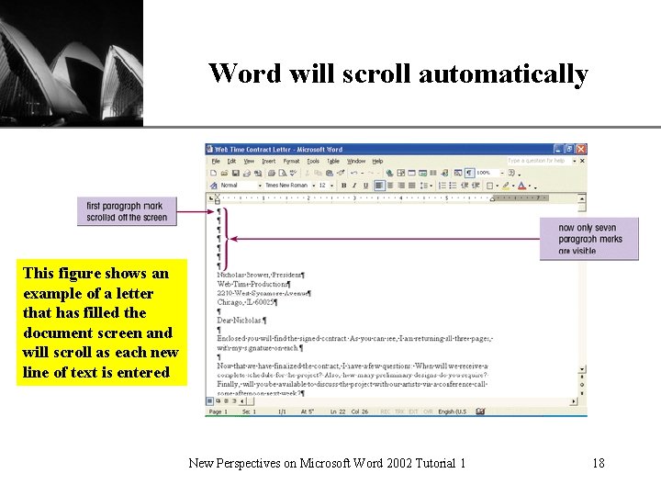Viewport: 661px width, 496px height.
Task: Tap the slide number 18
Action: [x=598, y=463]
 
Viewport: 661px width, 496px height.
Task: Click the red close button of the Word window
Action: [x=581, y=149]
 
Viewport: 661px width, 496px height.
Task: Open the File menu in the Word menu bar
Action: [x=216, y=161]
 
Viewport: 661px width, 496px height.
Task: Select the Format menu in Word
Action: [x=291, y=161]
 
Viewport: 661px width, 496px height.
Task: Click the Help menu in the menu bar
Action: [x=377, y=161]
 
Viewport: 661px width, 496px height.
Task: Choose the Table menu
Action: [x=334, y=161]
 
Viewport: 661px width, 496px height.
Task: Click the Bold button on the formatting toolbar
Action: [x=343, y=185]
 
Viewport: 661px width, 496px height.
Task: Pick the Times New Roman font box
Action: [x=286, y=185]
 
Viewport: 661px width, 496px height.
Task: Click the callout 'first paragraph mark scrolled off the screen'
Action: [x=127, y=211]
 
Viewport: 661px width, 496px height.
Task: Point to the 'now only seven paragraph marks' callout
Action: [x=588, y=239]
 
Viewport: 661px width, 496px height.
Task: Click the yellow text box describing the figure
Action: [x=101, y=322]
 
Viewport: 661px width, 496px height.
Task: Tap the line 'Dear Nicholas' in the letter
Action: [x=241, y=320]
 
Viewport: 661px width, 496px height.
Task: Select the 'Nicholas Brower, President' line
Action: [x=261, y=275]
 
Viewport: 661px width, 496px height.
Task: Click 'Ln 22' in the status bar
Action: [x=338, y=411]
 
